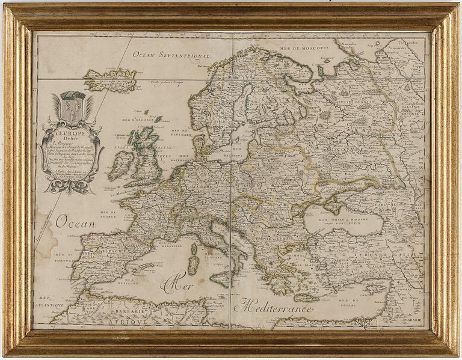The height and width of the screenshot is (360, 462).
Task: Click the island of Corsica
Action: click(x=194, y=248)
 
